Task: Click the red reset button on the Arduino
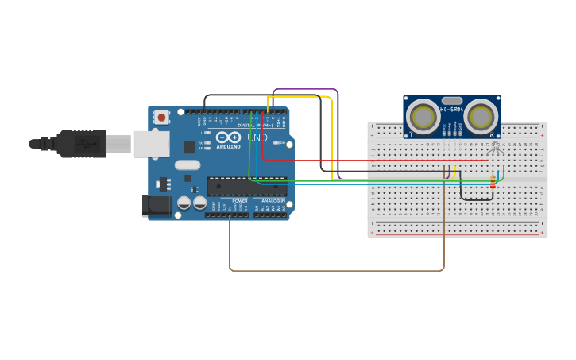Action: [161, 118]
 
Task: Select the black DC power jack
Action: [157, 206]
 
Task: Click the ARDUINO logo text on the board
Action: [228, 146]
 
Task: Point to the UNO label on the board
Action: [257, 137]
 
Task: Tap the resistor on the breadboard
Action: [493, 183]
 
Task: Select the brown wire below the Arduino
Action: [334, 271]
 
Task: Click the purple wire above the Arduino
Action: [306, 90]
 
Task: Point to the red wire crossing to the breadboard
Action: [373, 161]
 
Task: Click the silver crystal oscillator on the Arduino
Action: [187, 165]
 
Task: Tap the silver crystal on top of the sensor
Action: [452, 101]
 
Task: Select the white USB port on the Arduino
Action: [151, 144]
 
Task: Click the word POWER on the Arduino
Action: [240, 201]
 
